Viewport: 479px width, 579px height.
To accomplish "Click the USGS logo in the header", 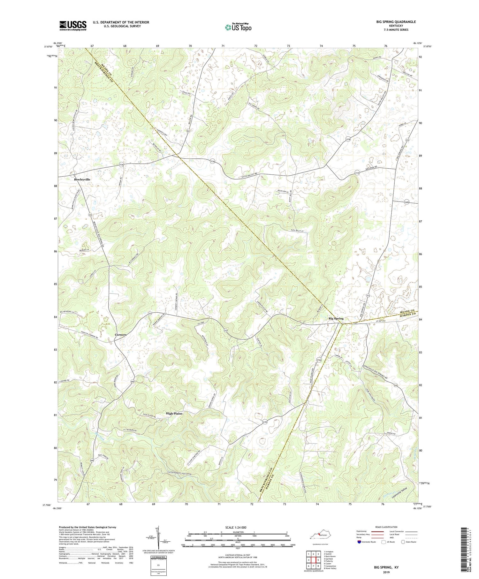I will point(73,26).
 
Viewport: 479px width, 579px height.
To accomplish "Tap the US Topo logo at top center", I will point(238,27).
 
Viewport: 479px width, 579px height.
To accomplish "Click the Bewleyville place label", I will point(82,179).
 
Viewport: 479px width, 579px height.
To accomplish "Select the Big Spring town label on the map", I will point(336,318).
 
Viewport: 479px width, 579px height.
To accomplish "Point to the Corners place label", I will point(120,335).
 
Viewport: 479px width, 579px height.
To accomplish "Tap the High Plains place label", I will point(174,414).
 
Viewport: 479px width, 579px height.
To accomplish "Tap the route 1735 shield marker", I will point(357,173).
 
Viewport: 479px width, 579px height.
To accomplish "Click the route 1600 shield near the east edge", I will point(406,202).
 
